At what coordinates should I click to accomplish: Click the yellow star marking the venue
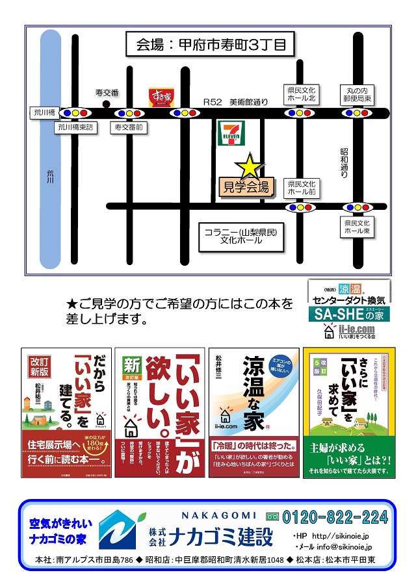(x=248, y=166)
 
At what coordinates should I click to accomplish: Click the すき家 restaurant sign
(x=161, y=97)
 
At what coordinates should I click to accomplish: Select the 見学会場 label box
(x=246, y=188)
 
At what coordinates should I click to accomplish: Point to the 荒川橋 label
(x=44, y=112)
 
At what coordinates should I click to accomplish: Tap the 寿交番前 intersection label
(x=129, y=128)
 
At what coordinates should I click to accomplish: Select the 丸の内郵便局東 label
(x=359, y=94)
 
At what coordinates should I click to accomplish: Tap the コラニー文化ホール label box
(x=240, y=236)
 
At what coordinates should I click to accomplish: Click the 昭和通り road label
(x=344, y=162)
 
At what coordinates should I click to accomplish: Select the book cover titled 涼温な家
(x=253, y=412)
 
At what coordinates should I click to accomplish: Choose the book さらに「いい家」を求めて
(x=349, y=412)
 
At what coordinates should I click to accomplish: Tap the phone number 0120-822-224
(x=334, y=517)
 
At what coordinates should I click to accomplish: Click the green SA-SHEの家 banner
(x=350, y=314)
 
